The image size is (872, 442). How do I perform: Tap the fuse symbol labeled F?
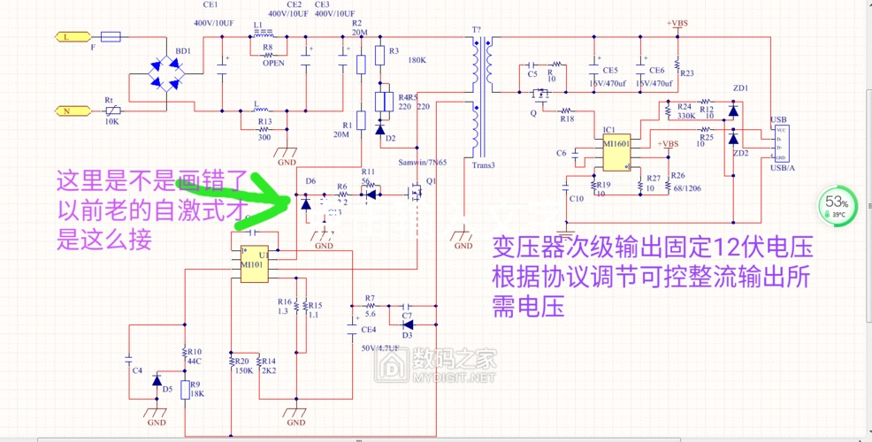tap(111, 37)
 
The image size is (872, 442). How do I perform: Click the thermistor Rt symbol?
tap(111, 110)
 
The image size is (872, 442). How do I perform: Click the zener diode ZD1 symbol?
tap(732, 109)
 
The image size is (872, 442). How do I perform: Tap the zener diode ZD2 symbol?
tap(732, 139)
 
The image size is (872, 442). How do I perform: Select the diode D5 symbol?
tap(157, 381)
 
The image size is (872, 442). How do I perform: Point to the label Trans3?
tap(484, 164)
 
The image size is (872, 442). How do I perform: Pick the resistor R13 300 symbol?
tap(264, 111)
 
